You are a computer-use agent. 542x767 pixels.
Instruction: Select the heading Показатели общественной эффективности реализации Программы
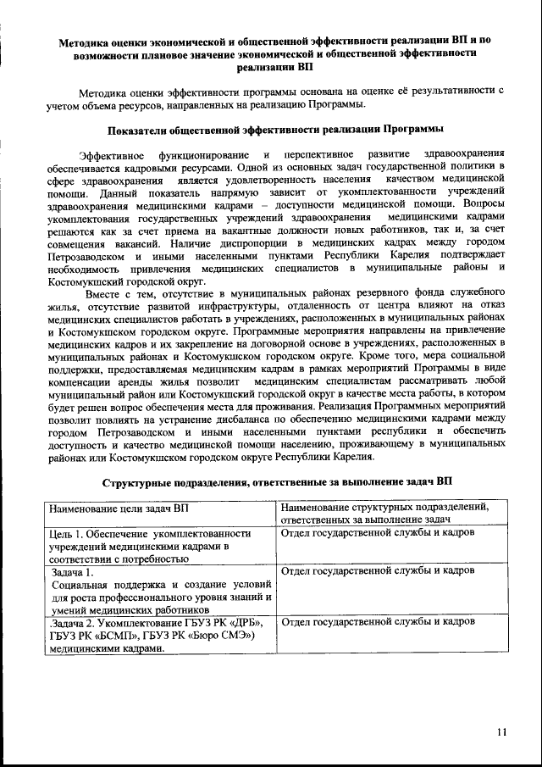coord(275,130)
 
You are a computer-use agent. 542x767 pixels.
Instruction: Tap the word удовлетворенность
coord(274,181)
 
